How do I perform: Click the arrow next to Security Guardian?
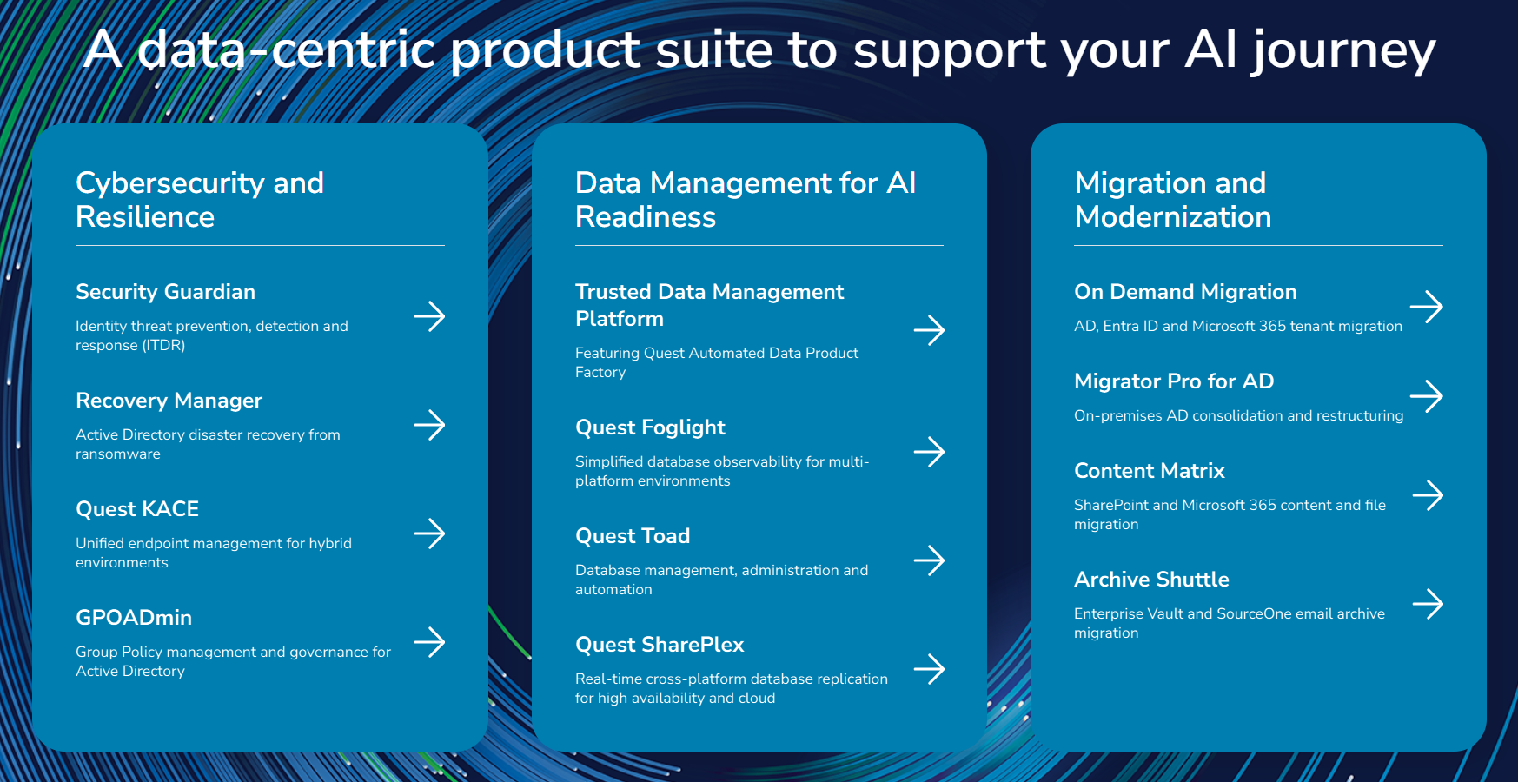pos(429,316)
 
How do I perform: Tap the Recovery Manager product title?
pos(169,401)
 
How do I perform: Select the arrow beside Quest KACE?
pos(429,533)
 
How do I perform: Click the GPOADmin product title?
pos(134,618)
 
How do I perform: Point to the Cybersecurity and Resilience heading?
pos(200,200)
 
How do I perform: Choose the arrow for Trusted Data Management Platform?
pos(929,330)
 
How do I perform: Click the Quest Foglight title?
pos(650,428)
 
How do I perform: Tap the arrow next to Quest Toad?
pos(929,560)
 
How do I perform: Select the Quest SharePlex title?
pos(660,645)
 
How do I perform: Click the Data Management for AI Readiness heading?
pos(746,200)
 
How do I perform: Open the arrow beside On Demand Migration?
pos(1427,307)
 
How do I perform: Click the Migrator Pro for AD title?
pos(1174,381)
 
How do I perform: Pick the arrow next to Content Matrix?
pos(1428,495)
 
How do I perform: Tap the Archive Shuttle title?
pos(1151,580)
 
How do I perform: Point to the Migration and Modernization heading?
pos(1173,200)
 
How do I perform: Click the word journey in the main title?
pos(1343,51)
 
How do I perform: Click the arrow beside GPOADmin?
pos(429,642)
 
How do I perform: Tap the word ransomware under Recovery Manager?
pos(118,454)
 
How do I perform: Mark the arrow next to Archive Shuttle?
pos(1428,604)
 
